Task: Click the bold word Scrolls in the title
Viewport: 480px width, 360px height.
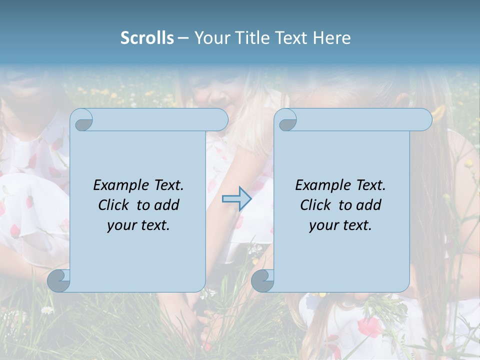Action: [x=147, y=38]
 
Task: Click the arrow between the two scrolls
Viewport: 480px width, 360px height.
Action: [x=236, y=198]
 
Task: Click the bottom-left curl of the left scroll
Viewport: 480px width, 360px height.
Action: [x=58, y=280]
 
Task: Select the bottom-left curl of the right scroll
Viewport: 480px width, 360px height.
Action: [x=262, y=280]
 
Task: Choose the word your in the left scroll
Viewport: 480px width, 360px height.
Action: [x=121, y=225]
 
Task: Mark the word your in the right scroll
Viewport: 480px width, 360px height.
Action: [x=323, y=225]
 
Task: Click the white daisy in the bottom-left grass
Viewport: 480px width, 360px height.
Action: [x=47, y=310]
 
